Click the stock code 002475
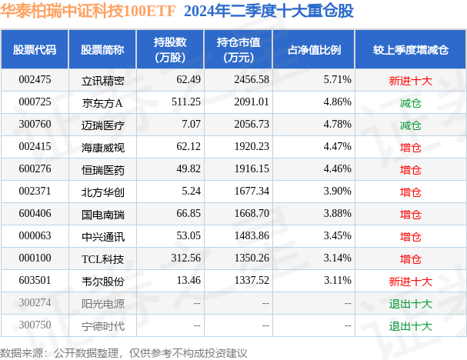35,79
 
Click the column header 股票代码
35,50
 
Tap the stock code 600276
35,169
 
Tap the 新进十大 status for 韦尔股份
410,281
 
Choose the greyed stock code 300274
35,303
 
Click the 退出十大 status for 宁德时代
410,325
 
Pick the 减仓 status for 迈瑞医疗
410,124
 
